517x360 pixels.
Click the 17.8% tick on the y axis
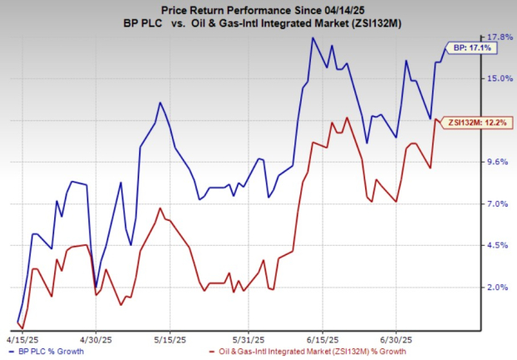499,37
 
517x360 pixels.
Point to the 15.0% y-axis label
499,78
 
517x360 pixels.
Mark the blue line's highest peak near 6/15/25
313,37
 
